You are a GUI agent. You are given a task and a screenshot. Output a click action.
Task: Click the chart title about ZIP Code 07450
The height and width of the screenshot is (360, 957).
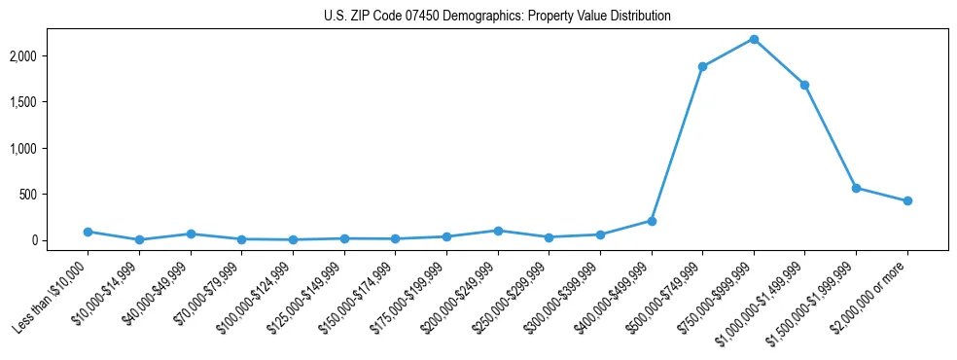pos(497,17)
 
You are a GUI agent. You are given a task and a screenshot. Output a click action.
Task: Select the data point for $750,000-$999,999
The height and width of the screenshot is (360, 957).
pos(754,39)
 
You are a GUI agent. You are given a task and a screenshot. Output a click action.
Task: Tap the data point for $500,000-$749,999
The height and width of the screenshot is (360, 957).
pos(702,66)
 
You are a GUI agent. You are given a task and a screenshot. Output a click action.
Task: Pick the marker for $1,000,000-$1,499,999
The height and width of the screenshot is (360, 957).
pos(804,85)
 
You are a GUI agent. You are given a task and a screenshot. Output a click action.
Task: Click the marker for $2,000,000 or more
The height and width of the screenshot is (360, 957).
pos(907,200)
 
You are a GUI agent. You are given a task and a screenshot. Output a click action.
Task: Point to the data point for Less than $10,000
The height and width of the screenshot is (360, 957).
pos(88,232)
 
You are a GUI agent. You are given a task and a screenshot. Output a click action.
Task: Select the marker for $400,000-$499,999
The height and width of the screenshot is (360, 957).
pos(652,221)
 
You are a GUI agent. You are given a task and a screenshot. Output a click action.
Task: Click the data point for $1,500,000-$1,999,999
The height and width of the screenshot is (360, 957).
pos(856,188)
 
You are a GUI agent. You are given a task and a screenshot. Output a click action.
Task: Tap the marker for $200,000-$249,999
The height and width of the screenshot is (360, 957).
pos(498,231)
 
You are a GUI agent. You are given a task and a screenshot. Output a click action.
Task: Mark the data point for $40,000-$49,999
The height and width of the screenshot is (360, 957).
pos(191,234)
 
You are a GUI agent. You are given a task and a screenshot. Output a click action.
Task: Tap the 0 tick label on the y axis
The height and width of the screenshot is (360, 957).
pos(60,240)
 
